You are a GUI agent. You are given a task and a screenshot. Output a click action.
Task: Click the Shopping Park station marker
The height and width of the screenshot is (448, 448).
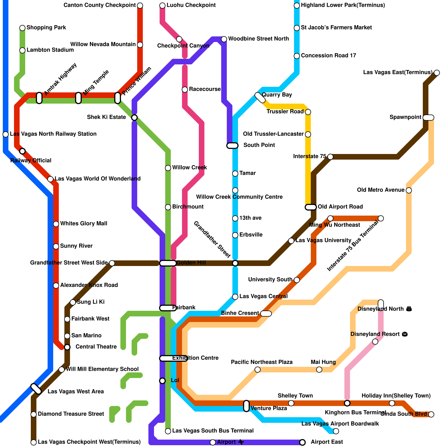pos(22,28)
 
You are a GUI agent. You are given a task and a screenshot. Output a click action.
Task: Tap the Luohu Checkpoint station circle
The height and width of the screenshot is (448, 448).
pos(162,5)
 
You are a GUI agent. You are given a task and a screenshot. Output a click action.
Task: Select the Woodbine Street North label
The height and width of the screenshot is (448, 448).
pos(258,39)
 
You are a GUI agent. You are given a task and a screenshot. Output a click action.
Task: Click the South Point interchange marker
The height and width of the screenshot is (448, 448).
pos(232,145)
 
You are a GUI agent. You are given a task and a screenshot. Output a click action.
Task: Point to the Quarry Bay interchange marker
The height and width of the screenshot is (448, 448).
pos(260,97)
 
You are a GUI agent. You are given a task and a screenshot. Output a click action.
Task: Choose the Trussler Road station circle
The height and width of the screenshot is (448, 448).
pos(308,112)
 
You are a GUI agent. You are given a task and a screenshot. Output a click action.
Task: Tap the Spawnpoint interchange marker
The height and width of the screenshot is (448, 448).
pos(428,117)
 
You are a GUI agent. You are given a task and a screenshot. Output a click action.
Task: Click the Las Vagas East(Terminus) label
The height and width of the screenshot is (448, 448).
pos(398,73)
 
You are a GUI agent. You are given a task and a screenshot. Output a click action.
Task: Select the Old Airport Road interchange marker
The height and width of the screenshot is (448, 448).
pos(311,207)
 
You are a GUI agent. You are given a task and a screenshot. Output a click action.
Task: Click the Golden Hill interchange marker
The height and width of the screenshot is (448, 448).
pos(168,263)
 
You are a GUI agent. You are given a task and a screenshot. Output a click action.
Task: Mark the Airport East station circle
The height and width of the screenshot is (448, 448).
pos(302,442)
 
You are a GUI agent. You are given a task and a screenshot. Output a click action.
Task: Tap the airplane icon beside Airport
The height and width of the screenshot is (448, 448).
pos(241,442)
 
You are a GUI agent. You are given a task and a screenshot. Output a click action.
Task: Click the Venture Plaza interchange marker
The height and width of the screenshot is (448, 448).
pos(246,406)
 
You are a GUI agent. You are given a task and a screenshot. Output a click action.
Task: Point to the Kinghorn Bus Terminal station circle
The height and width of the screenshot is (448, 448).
pos(347,403)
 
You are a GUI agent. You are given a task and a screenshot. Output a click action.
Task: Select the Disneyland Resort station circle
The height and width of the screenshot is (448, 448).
pos(375,342)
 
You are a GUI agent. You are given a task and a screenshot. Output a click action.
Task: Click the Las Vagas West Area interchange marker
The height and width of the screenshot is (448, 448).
pos(36,389)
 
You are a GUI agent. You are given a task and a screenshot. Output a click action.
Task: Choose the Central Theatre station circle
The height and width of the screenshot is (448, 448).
pos(67,347)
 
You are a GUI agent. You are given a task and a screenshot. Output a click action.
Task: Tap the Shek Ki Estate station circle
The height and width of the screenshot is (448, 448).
pos(134,117)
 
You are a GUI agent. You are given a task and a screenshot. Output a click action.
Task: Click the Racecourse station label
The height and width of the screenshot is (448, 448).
pos(205,89)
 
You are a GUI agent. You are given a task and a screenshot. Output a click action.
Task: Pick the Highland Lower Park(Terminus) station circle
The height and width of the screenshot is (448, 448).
pos(297,5)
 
